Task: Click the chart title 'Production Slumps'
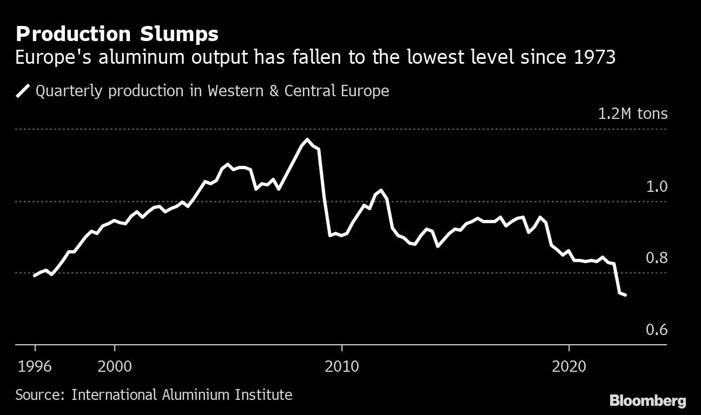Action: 117,34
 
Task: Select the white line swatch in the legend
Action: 23,91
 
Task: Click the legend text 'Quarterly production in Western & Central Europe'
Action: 212,91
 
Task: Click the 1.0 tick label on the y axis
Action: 657,187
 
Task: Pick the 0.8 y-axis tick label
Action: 657,258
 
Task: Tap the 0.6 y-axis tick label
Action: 657,330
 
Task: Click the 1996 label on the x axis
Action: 35,366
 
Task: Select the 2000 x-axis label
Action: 115,366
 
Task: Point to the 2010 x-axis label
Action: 342,366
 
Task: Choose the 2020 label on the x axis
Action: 569,366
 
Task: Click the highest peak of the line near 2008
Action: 307,139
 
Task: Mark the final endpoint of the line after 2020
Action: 626,295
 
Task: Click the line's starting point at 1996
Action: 35,276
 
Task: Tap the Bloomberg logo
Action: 647,400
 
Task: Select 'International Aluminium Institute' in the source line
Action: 182,395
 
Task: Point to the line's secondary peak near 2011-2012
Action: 381,190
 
